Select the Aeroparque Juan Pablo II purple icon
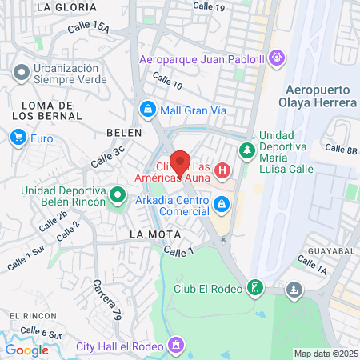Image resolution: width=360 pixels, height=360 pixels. click(277, 58)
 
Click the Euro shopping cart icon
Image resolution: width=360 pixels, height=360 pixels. click(18, 138)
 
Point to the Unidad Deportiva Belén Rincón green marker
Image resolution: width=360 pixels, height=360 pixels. click(118, 194)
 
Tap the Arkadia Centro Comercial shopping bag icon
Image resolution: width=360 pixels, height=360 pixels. click(221, 206)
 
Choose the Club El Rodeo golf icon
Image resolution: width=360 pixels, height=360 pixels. click(254, 288)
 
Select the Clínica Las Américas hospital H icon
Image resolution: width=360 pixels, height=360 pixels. click(222, 170)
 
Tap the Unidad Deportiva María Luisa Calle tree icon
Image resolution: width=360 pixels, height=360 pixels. click(247, 150)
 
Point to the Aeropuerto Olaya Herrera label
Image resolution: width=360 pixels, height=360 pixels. click(317, 97)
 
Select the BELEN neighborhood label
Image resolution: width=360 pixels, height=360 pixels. click(124, 133)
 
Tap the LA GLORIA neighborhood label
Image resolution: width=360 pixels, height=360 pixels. click(66, 6)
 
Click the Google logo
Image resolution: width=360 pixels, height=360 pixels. click(26, 350)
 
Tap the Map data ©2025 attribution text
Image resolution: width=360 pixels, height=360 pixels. click(326, 354)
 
